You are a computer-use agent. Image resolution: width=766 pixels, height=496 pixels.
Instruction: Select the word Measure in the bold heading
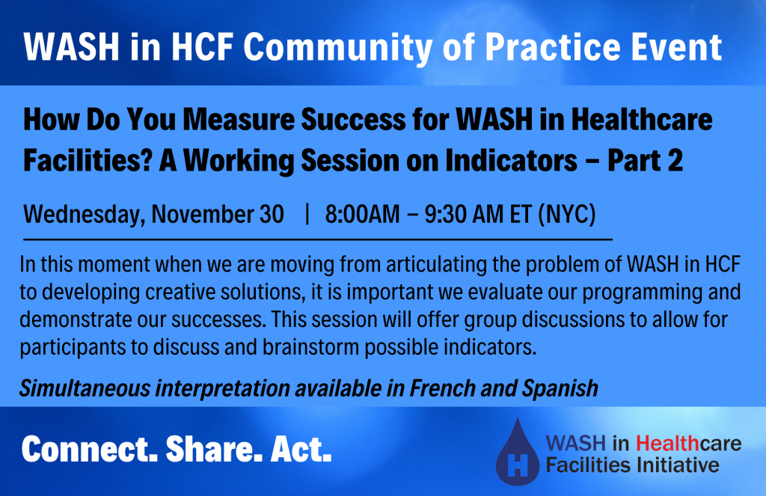pos(239,119)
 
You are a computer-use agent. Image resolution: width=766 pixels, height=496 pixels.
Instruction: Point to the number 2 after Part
pos(675,160)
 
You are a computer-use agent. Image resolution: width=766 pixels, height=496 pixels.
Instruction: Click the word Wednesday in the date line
pos(84,215)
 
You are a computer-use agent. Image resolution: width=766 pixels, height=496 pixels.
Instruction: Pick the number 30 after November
pos(271,215)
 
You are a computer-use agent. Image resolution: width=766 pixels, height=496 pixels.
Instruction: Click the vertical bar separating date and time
pos(307,214)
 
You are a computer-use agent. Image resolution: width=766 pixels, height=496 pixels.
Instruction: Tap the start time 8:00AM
pos(362,215)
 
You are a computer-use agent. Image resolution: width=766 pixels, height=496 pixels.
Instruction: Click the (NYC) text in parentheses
pos(567,215)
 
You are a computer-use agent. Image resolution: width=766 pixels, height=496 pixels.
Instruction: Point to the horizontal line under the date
pos(317,239)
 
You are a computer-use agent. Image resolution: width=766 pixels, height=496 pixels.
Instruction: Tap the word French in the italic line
pos(442,388)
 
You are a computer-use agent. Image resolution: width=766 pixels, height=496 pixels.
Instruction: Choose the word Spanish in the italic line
pos(560,389)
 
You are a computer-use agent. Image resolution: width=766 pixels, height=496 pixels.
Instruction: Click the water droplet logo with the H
pos(518,452)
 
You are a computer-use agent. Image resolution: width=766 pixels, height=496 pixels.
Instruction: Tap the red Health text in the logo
pos(668,443)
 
